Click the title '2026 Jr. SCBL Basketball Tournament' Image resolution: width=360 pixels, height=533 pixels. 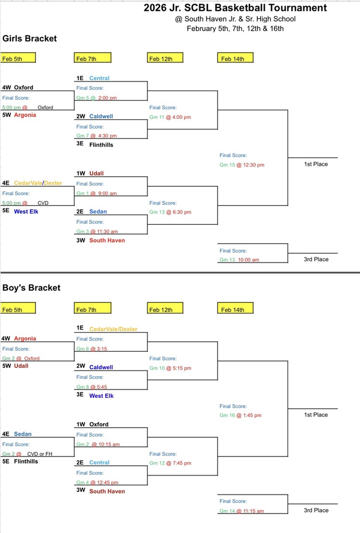[x=235, y=8]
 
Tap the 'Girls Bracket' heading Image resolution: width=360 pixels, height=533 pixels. [x=30, y=39]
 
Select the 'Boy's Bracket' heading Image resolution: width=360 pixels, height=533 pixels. [x=31, y=288]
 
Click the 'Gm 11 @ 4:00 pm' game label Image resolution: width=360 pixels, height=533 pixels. [x=170, y=117]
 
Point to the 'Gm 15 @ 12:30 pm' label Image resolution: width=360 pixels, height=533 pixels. [x=242, y=165]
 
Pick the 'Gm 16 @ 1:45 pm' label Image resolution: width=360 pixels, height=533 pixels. [x=240, y=415]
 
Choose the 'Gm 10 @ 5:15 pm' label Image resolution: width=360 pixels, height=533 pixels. [x=170, y=368]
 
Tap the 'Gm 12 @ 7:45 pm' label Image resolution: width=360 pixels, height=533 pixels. [x=170, y=463]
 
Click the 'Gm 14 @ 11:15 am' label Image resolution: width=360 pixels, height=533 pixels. [x=241, y=511]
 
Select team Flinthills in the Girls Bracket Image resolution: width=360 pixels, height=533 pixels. [x=101, y=145]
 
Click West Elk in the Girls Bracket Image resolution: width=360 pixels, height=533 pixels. [x=26, y=211]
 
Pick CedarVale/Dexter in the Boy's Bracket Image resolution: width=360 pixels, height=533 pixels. [x=113, y=329]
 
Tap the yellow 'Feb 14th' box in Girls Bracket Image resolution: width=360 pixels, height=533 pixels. [x=234, y=58]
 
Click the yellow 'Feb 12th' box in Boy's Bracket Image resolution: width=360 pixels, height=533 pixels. [x=165, y=309]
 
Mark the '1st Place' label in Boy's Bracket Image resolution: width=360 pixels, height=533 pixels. [x=316, y=415]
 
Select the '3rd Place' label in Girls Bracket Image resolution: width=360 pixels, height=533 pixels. [x=316, y=259]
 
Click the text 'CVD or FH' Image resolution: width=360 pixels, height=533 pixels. [x=40, y=454]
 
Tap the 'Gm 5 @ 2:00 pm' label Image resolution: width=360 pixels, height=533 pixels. [x=96, y=98]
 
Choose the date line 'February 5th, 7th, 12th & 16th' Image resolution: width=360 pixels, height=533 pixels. [x=235, y=29]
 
